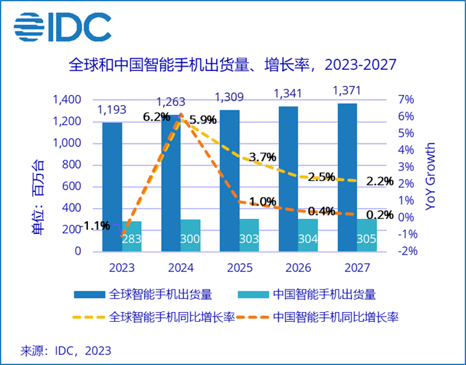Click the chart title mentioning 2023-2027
232,65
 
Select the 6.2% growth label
156,117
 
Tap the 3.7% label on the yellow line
262,157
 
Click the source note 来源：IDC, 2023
66,351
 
